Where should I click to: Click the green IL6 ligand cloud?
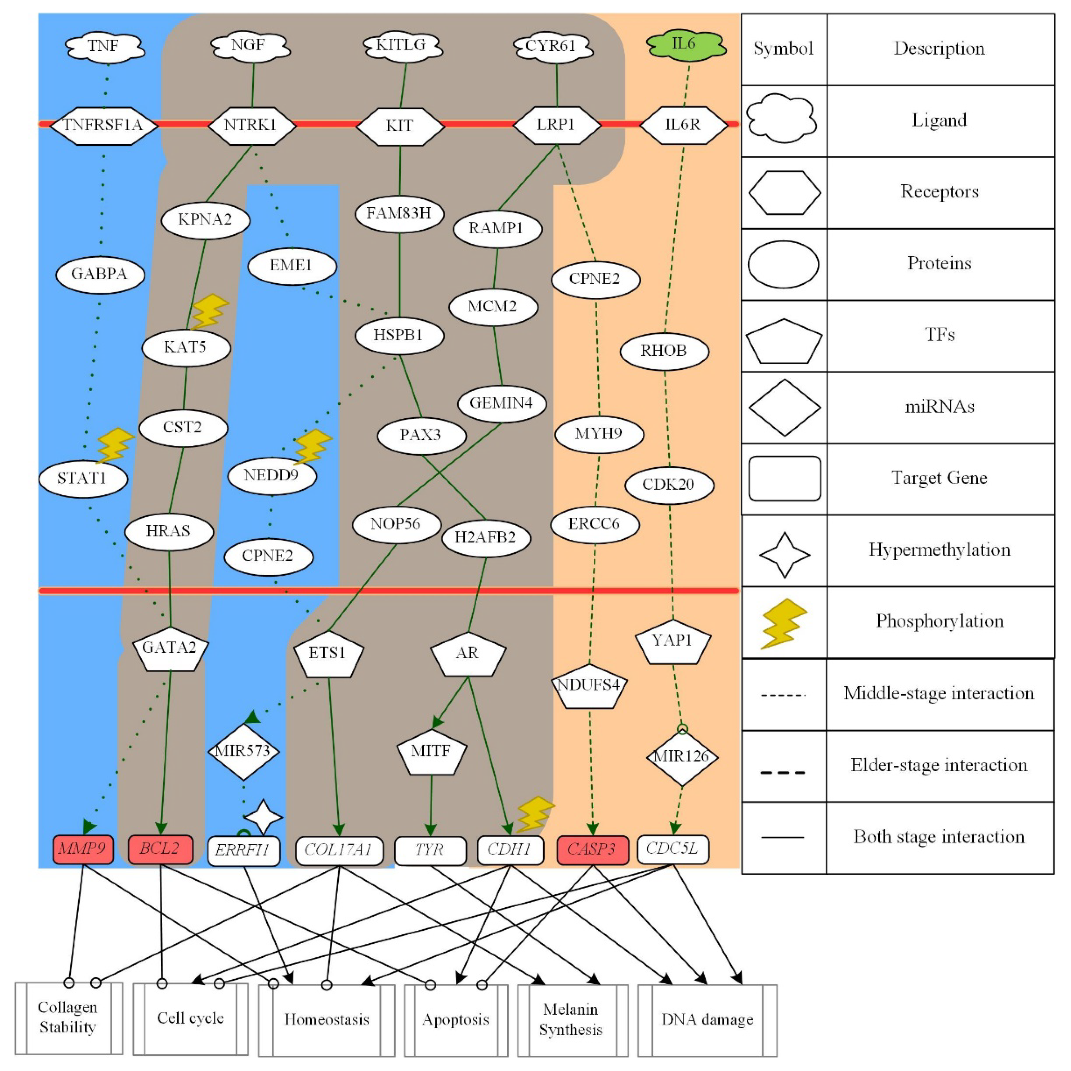(686, 44)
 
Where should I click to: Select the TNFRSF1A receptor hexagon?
(104, 125)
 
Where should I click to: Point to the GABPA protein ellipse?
(100, 274)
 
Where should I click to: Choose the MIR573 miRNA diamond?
(243, 752)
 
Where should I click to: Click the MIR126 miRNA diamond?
(682, 757)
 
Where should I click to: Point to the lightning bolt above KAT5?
(209, 312)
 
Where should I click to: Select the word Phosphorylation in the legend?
(939, 621)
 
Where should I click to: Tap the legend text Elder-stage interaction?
(939, 765)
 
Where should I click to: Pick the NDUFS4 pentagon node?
(589, 686)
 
